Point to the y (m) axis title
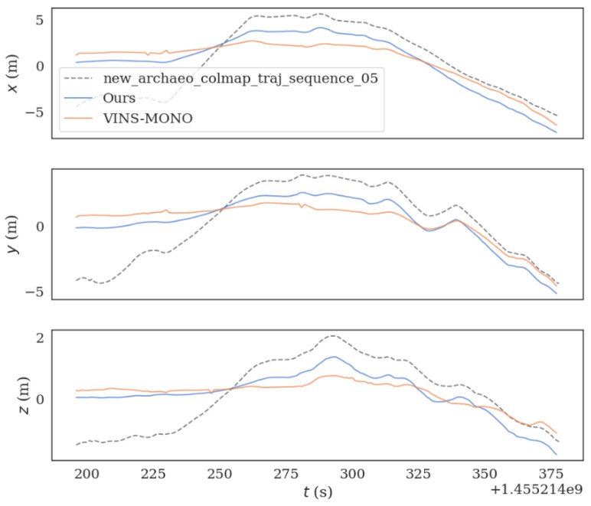tap(12, 233)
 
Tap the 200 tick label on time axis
tap(90, 473)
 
